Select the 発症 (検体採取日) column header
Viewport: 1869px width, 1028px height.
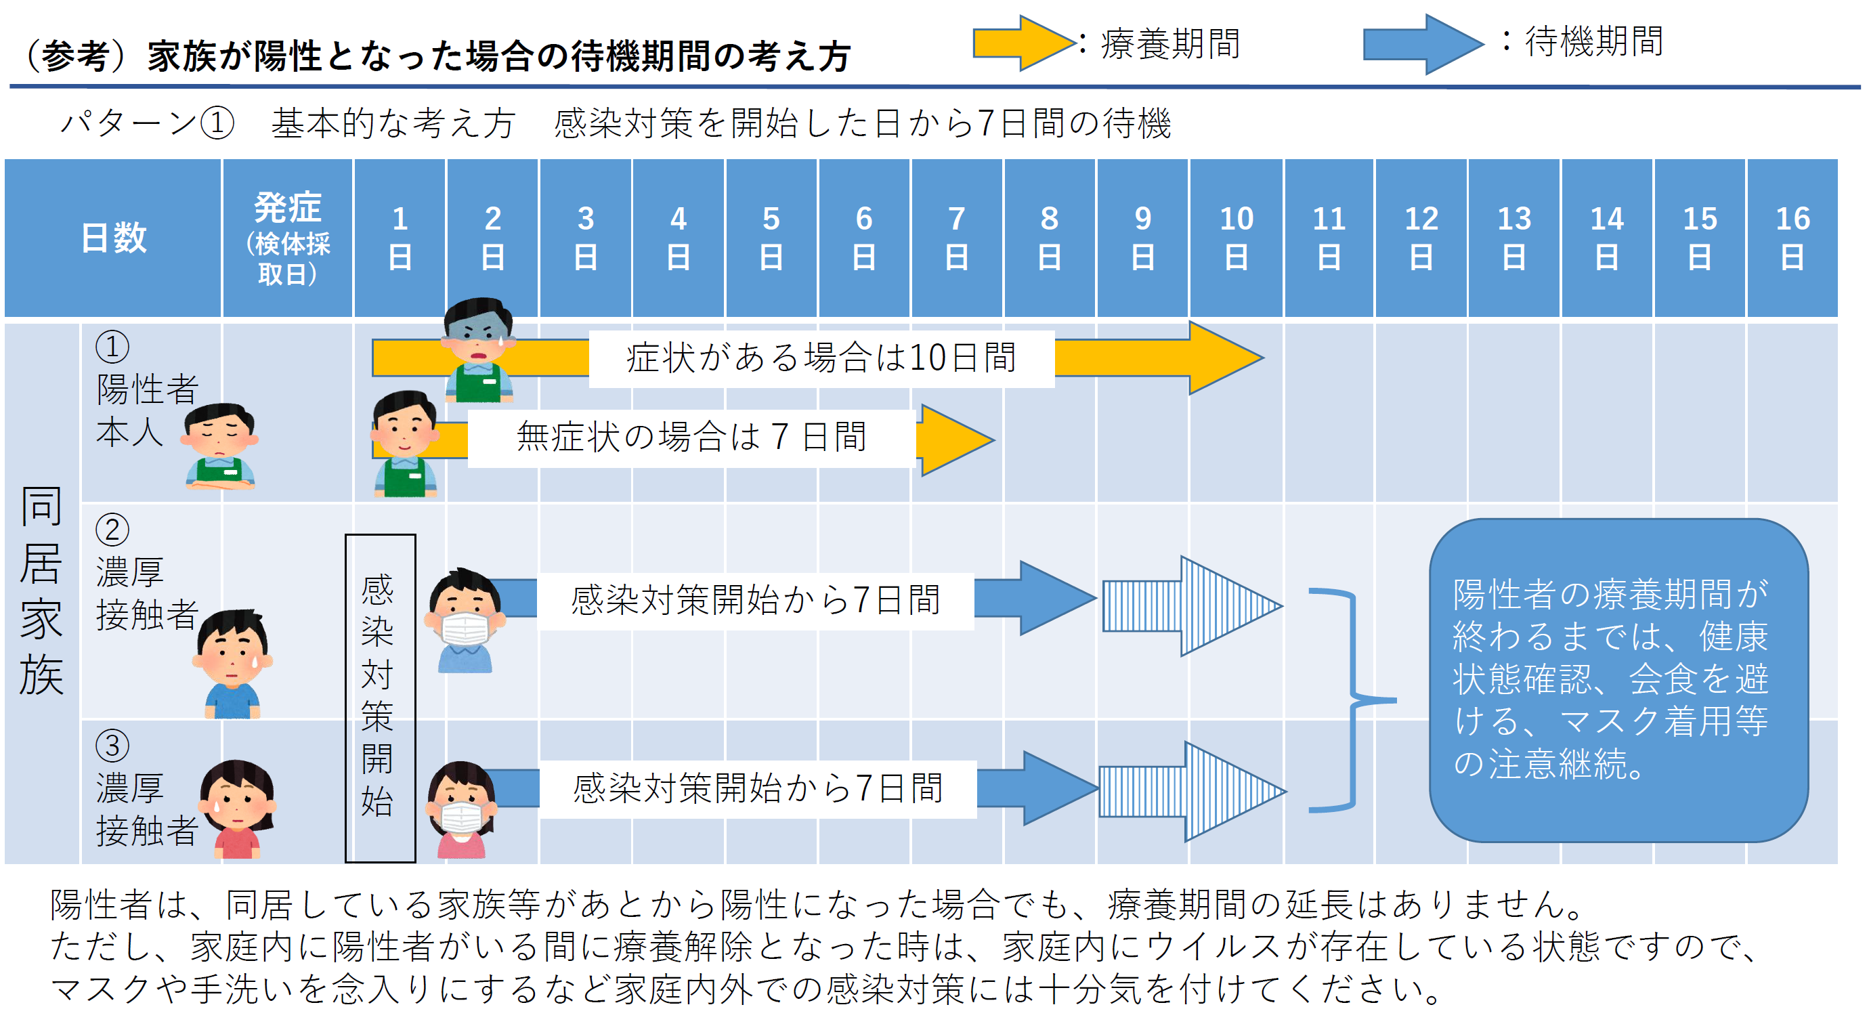click(287, 238)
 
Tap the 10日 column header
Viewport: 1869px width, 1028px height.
click(1236, 238)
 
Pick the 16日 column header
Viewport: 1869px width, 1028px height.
click(1792, 238)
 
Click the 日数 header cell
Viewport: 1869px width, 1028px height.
click(113, 238)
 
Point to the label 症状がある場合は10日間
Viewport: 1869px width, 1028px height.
click(821, 358)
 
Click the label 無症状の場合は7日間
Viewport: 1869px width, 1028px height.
click(691, 437)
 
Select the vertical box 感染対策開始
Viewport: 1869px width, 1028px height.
click(379, 698)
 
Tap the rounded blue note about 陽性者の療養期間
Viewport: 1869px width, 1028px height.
click(1617, 680)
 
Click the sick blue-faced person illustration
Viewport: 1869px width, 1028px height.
click(479, 349)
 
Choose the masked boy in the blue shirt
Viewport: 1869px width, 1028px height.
click(465, 620)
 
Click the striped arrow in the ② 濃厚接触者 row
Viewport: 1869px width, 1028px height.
click(1190, 606)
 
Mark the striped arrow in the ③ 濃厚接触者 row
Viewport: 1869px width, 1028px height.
click(1190, 791)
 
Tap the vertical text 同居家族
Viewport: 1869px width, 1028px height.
click(41, 591)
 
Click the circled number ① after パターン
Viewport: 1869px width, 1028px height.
click(217, 123)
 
